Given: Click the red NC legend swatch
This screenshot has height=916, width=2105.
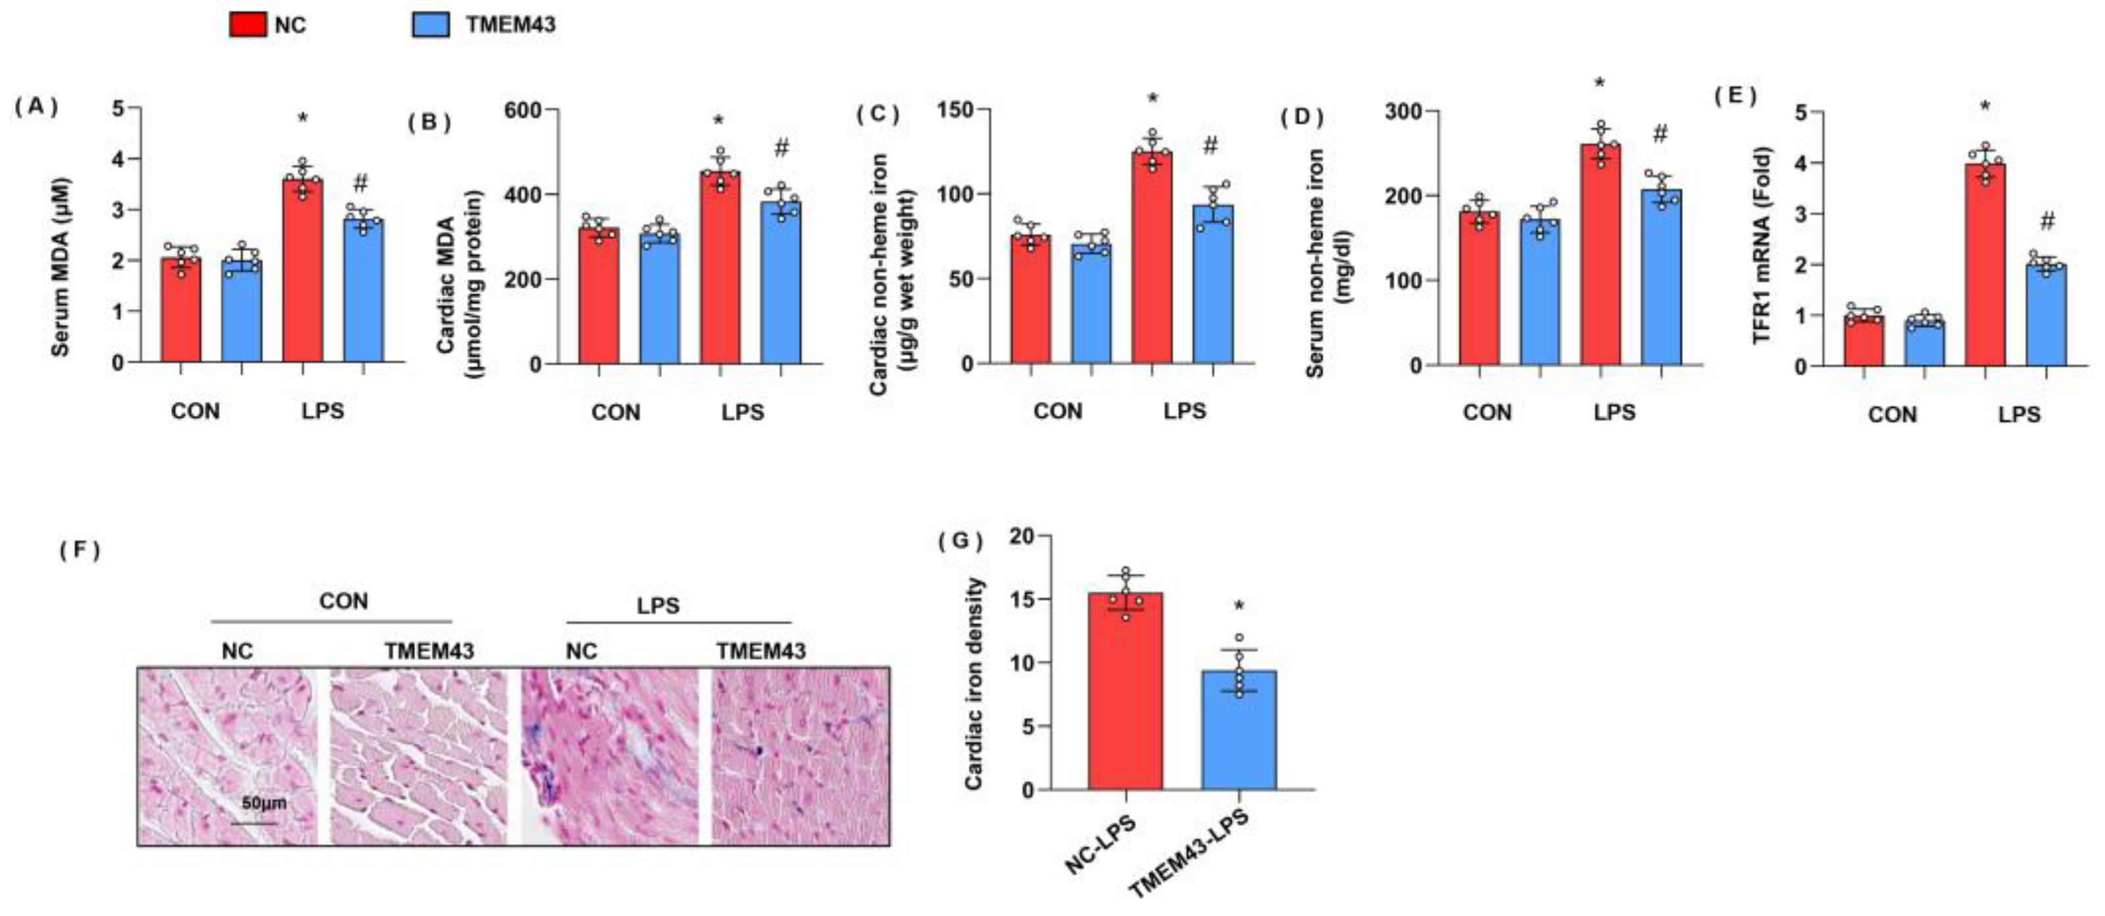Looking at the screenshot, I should (x=247, y=24).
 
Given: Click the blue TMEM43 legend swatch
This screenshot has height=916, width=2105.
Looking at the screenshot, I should (x=431, y=24).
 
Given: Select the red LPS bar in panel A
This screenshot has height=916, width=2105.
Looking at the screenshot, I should (x=303, y=270).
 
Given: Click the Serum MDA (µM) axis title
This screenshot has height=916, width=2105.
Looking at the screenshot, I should (x=61, y=267).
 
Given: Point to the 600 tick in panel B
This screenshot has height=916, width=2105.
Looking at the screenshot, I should (x=523, y=110).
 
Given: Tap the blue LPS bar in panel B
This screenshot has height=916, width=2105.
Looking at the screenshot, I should (x=781, y=282).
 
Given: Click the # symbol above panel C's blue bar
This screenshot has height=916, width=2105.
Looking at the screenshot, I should (x=1210, y=146).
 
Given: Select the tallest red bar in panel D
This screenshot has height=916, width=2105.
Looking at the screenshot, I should (x=1600, y=253).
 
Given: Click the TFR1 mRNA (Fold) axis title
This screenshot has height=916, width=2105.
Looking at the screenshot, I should (x=1763, y=245).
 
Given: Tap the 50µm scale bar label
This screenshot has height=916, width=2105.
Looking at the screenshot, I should (x=263, y=804).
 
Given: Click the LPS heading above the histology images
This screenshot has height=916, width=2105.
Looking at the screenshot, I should (x=658, y=606).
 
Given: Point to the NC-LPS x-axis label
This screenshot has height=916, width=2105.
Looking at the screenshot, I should (x=1101, y=846).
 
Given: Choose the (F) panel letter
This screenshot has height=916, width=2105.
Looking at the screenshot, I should (x=79, y=550).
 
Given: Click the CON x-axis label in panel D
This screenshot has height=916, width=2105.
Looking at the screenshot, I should (x=1487, y=413).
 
